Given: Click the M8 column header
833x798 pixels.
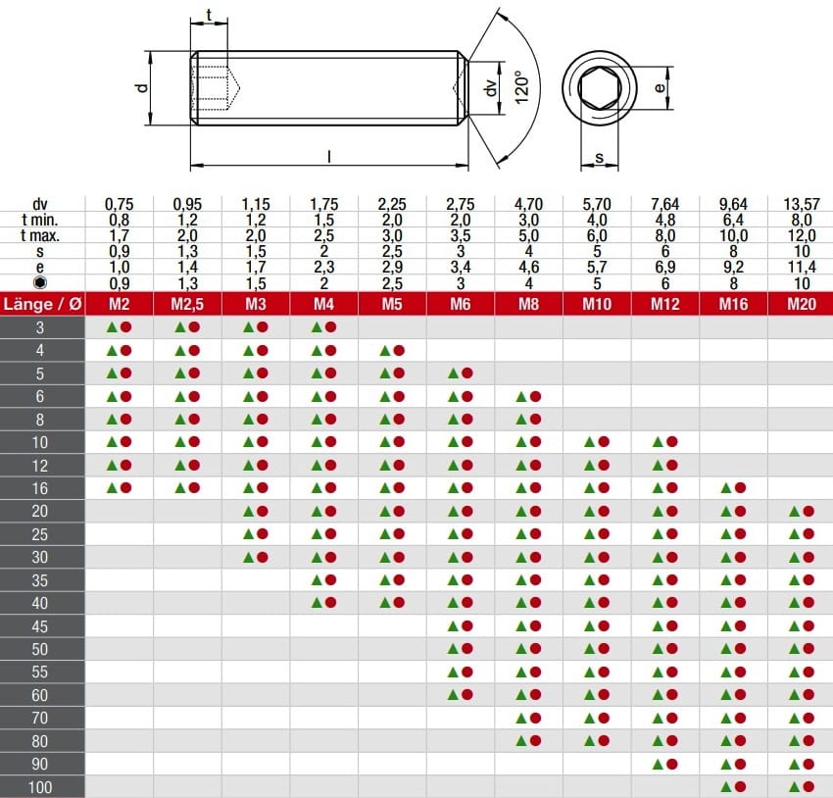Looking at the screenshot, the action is [528, 304].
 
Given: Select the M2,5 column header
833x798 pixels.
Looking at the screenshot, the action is [187, 304].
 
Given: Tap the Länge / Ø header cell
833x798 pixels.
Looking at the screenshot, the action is [42, 304].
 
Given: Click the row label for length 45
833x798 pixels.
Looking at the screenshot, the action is [40, 626].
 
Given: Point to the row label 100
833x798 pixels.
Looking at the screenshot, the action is [40, 787].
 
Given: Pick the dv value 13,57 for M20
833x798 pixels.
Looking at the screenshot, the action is [802, 204].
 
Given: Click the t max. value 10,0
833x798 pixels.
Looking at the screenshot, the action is [733, 235].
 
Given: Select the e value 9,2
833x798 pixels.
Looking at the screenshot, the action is [733, 267].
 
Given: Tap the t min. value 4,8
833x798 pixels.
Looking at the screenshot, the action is [665, 220].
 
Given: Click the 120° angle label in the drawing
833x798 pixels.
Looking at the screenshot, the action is [521, 87].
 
